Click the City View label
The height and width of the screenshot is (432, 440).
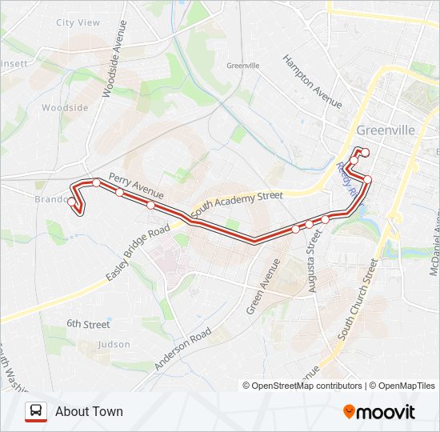(x=78, y=23)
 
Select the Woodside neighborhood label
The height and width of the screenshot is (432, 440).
(x=65, y=108)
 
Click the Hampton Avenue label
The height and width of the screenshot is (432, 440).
(x=313, y=82)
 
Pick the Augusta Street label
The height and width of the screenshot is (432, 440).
(x=312, y=259)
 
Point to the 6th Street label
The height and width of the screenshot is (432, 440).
(x=88, y=324)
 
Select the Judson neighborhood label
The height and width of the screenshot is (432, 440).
(x=113, y=345)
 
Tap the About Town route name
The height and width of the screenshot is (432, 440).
(x=89, y=411)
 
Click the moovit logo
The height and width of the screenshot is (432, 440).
(x=379, y=412)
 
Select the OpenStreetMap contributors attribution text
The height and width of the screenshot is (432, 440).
(x=307, y=386)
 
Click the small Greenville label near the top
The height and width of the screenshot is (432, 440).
(x=243, y=66)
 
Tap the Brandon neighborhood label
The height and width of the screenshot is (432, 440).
(x=50, y=199)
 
